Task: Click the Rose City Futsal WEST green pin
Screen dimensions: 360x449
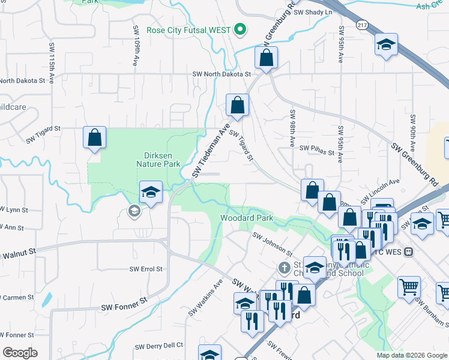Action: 241,29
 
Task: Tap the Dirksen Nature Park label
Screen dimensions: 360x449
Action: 158,159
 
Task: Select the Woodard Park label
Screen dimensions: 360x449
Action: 247,218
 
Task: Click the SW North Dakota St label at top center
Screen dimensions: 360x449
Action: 221,74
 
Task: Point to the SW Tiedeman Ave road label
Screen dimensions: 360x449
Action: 211,151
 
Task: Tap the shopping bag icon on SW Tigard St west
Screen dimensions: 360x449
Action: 95,137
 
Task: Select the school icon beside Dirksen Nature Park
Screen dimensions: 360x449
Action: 151,192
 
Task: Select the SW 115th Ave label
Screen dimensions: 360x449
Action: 52,56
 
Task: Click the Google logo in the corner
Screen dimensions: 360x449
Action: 20,352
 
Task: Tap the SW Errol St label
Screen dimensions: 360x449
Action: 147,269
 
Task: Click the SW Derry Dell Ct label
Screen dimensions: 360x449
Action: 158,346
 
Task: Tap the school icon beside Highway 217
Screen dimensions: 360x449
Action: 386,44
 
